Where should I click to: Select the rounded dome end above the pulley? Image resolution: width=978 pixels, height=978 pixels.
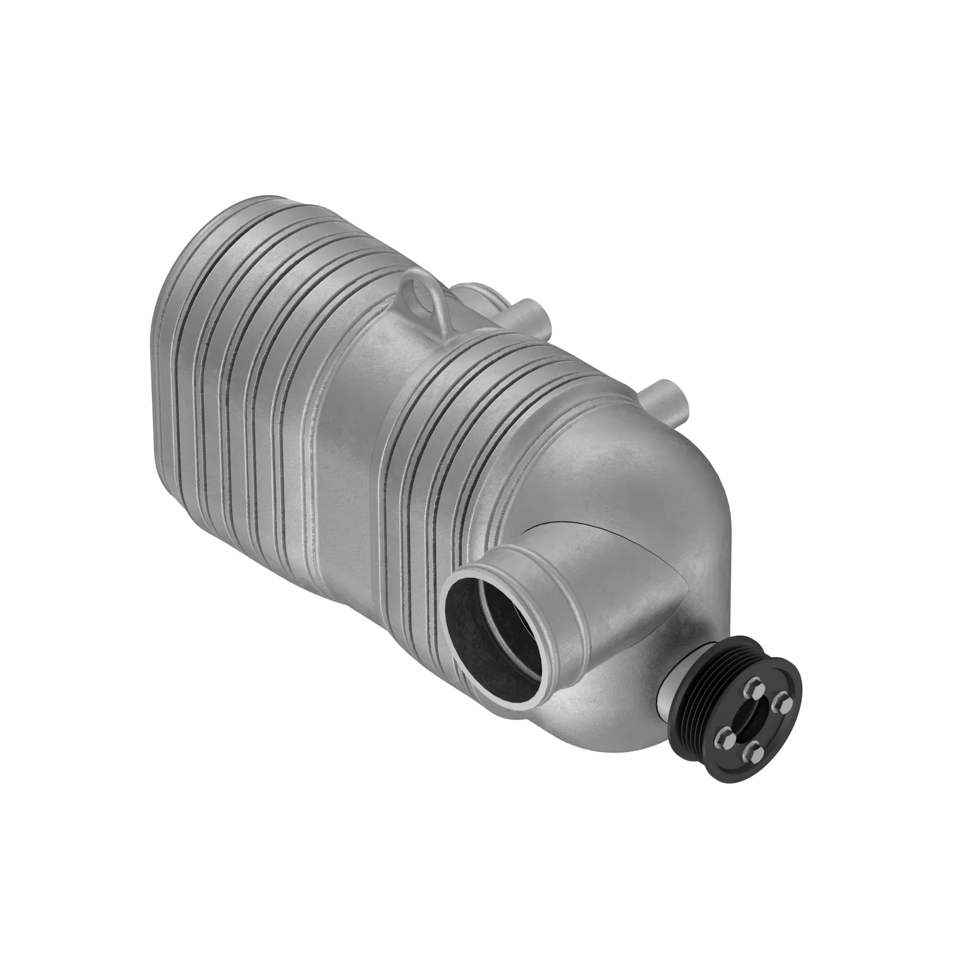673,496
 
